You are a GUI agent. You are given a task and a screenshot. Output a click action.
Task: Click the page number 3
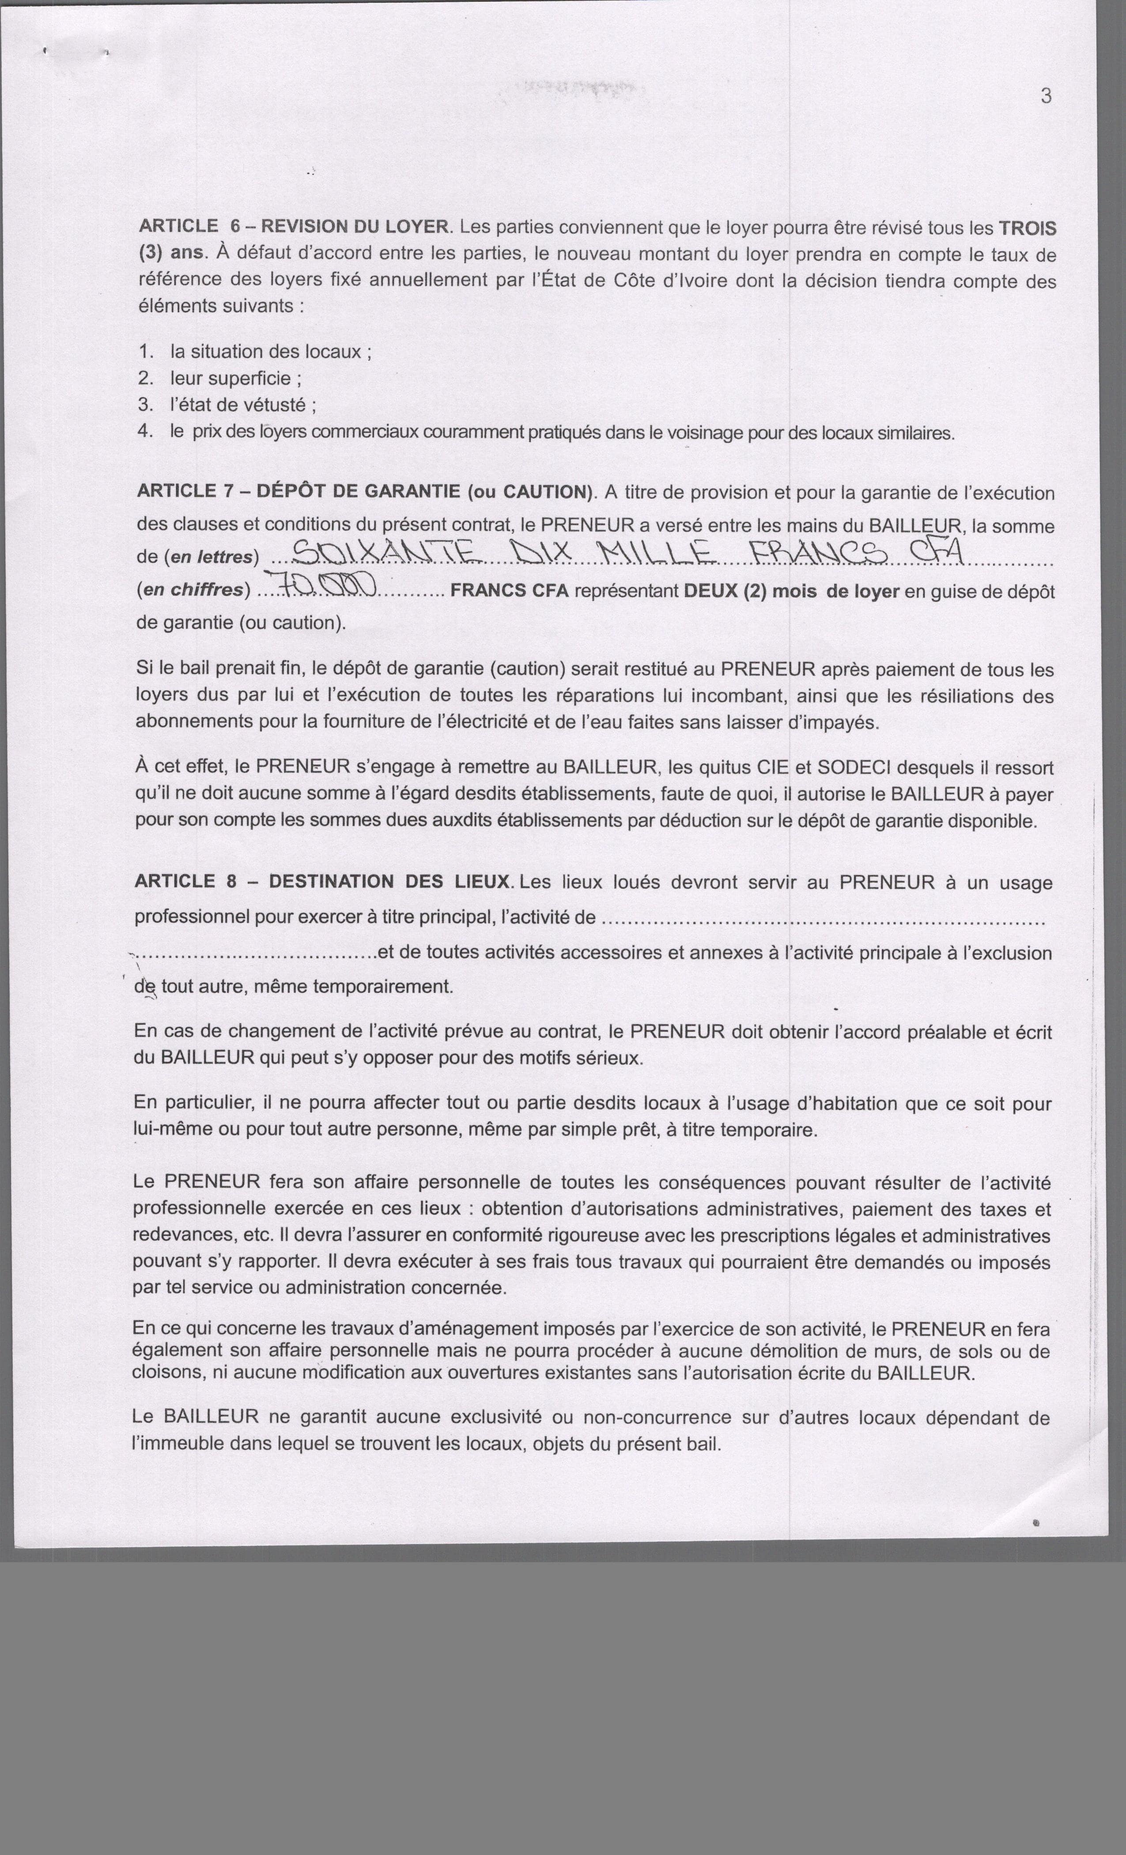tap(1046, 96)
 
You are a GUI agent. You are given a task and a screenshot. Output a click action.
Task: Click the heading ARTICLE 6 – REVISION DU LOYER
tap(294, 226)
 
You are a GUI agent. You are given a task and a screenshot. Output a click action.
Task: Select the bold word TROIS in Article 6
tap(1027, 228)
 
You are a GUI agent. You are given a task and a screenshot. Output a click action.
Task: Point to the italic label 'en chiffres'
tap(195, 590)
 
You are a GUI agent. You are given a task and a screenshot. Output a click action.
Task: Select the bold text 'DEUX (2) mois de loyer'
tap(791, 591)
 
